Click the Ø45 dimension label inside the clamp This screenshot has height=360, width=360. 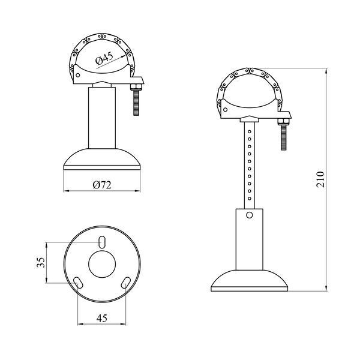pos(104,58)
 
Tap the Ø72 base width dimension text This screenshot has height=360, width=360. pos(102,185)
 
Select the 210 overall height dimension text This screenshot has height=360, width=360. pos(320,179)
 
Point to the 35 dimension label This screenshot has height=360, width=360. pos(41,262)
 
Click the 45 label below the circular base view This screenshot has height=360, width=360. pos(102,318)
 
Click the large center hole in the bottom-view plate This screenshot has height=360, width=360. pos(102,264)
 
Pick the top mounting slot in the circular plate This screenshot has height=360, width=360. pos(102,242)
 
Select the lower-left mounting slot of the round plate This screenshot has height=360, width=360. pos(78,283)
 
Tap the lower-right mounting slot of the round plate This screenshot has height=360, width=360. pos(126,283)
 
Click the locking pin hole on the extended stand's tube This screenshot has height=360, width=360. pos(250,215)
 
